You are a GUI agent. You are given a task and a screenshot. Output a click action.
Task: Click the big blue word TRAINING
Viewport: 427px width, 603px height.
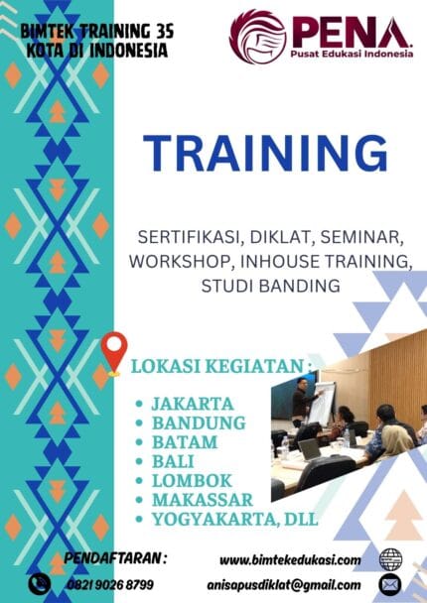[x=265, y=155]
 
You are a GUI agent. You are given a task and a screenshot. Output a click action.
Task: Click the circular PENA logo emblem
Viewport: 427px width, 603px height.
[x=257, y=37]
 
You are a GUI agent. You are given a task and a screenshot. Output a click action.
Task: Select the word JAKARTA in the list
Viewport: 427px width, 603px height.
[x=192, y=404]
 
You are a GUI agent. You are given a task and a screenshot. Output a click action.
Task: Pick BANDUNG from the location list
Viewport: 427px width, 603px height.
[x=198, y=422]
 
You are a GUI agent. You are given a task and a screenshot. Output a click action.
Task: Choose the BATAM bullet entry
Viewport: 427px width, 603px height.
[x=185, y=441]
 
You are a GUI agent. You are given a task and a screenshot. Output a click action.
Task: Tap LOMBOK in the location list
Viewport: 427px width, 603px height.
[x=191, y=479]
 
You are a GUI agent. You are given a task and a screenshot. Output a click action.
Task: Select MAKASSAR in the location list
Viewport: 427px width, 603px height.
[x=202, y=498]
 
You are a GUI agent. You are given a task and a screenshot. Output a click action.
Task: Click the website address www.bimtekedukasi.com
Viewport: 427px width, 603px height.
[x=290, y=559]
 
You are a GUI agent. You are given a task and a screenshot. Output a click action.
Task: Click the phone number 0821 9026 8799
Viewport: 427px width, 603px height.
[x=109, y=585]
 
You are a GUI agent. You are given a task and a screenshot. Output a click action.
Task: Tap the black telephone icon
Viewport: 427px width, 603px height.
[x=40, y=584]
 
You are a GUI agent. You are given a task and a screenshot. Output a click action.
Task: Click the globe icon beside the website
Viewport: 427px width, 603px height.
[x=390, y=558]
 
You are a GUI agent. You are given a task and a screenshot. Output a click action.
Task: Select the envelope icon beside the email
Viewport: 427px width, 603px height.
[x=390, y=584]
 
